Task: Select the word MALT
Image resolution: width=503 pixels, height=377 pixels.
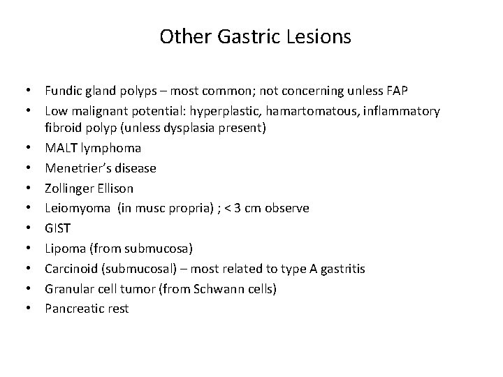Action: tap(61, 148)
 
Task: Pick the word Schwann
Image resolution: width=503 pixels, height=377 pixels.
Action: tap(211, 288)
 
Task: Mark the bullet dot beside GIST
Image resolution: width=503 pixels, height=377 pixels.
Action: tap(34, 228)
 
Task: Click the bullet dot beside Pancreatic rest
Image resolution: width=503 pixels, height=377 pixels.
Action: tap(34, 308)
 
